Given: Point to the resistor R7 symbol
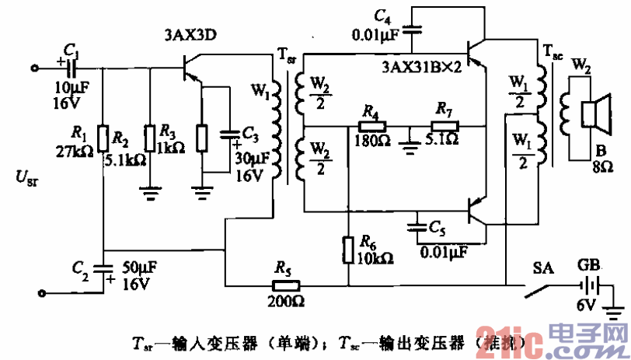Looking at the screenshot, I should pos(445,125).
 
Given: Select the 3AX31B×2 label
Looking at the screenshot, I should pos(422,68).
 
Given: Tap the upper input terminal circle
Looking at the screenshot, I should pos(34,68).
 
